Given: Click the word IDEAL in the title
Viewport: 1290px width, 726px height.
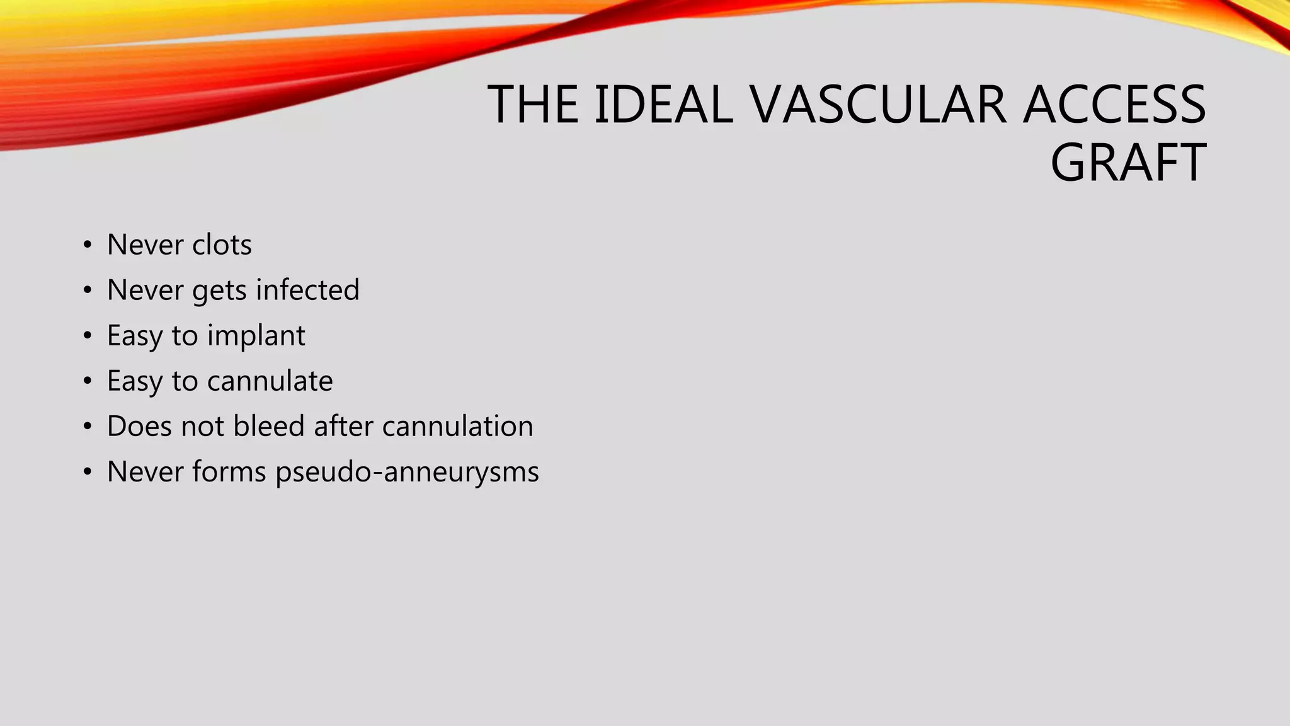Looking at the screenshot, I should tap(664, 105).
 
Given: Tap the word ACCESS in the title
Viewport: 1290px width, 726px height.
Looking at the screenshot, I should tap(1114, 105).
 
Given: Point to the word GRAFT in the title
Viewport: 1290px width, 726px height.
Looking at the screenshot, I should tap(1128, 163).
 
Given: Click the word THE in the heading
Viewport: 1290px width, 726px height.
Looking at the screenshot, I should tap(533, 105).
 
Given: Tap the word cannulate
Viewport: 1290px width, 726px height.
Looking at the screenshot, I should tap(270, 381).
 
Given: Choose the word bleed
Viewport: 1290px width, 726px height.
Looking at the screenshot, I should tap(269, 426).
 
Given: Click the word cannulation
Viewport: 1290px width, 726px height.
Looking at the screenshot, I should tap(457, 426).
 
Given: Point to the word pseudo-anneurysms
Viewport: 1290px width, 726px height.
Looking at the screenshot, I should tap(407, 472).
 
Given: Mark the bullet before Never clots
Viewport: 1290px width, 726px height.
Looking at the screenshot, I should tap(88, 245).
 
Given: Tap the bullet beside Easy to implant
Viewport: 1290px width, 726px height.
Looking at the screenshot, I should tap(88, 336).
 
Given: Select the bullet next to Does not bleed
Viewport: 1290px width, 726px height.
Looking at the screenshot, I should tap(88, 427).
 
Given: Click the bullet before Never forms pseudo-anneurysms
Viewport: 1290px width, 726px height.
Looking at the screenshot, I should tap(88, 472).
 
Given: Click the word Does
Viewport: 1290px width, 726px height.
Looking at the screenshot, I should tap(139, 426).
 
